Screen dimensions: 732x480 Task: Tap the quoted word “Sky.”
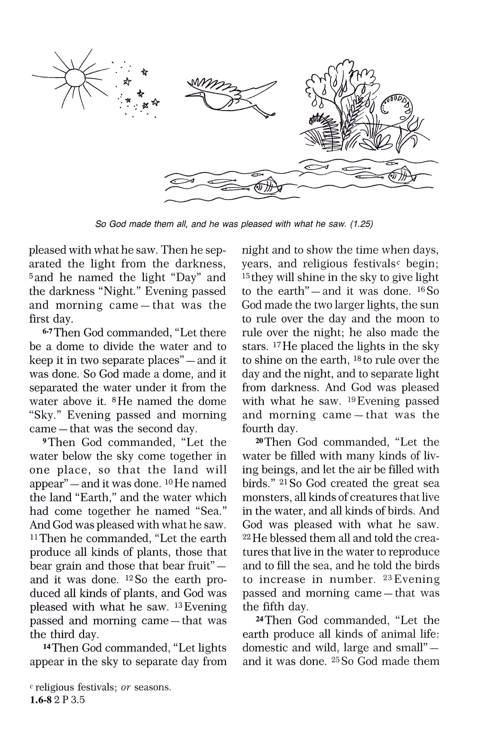tap(45, 415)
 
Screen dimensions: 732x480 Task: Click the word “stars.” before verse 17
tap(255, 347)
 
